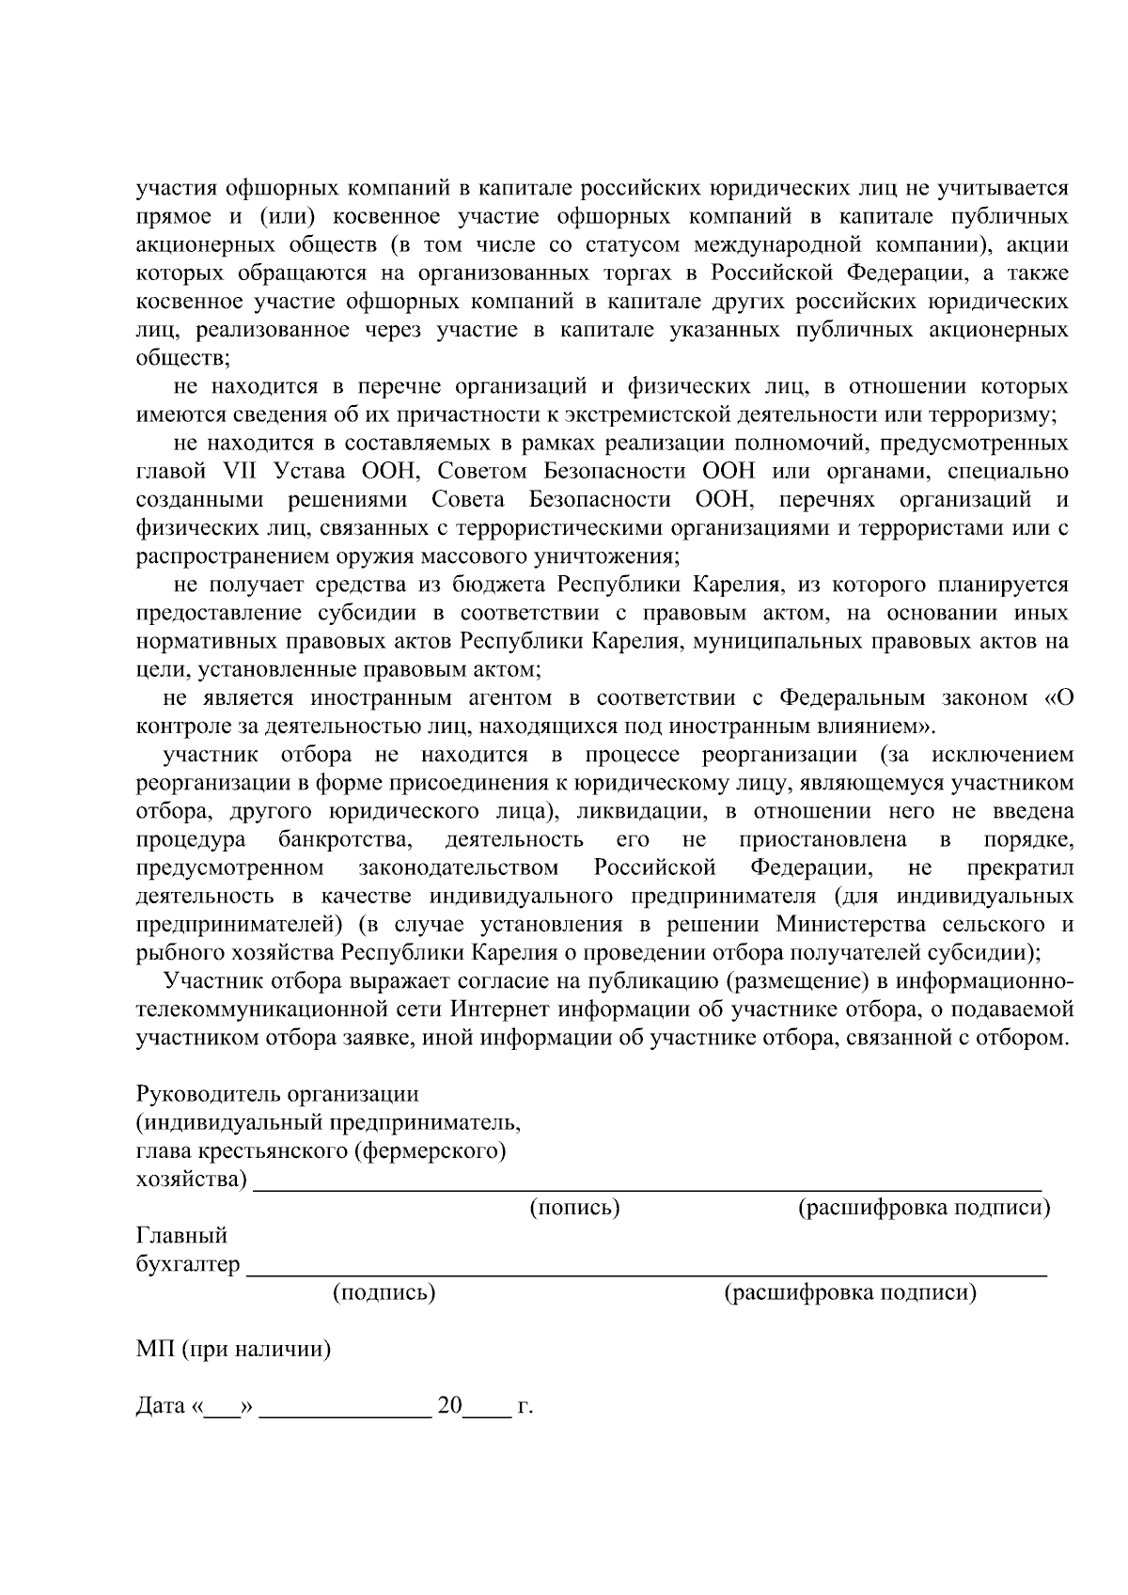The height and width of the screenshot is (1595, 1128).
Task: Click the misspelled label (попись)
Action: (574, 1208)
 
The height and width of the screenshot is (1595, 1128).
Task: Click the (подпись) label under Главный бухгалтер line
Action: (384, 1292)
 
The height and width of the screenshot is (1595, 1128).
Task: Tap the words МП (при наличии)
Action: (233, 1350)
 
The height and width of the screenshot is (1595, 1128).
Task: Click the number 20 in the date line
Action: (450, 1406)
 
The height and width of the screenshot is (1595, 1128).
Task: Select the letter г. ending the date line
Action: (525, 1407)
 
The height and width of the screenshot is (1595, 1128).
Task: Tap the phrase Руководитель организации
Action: (277, 1094)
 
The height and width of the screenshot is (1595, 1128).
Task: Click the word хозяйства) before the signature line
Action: (192, 1180)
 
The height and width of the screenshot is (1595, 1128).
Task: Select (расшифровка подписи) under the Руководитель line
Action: (923, 1208)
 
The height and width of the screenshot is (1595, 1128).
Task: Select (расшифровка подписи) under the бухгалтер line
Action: (850, 1292)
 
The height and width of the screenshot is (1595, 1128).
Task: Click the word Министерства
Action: (840, 924)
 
